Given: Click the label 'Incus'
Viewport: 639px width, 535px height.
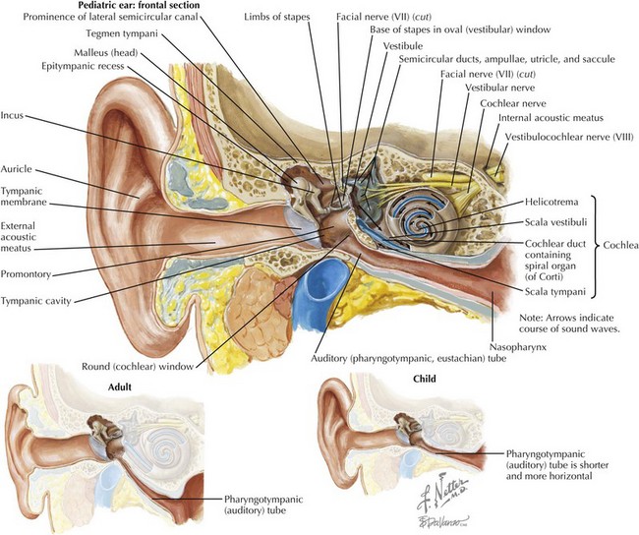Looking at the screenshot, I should (16, 114).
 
